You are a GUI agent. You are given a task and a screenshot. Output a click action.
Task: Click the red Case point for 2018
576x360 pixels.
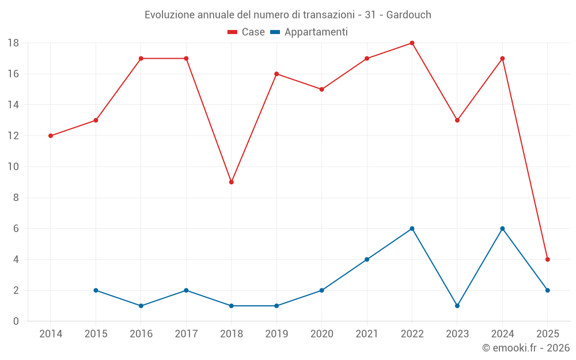(x=232, y=182)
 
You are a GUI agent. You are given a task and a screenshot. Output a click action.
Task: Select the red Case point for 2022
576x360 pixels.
(x=412, y=43)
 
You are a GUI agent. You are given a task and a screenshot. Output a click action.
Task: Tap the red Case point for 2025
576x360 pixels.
(x=548, y=259)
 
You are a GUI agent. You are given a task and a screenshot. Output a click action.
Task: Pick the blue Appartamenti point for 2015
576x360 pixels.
(x=96, y=290)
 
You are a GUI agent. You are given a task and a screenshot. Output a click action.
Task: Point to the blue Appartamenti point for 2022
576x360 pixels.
(x=412, y=229)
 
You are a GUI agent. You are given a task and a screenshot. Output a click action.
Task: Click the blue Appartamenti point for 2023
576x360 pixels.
(x=457, y=306)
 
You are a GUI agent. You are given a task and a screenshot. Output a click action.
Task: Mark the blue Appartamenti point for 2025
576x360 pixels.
(x=548, y=290)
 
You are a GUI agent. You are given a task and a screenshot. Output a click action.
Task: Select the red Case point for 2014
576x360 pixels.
(x=51, y=136)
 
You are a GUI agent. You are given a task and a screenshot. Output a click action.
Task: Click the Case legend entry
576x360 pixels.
(x=247, y=32)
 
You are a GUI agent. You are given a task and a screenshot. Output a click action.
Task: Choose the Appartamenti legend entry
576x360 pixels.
(x=309, y=32)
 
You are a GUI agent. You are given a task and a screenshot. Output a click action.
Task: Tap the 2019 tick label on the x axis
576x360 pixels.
(x=276, y=334)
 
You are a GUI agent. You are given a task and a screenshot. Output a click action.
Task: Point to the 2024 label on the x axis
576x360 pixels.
(x=502, y=334)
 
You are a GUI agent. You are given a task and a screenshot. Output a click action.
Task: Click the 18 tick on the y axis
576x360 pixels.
(x=13, y=43)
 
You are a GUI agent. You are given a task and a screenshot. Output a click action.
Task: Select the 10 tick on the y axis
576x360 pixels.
(x=13, y=167)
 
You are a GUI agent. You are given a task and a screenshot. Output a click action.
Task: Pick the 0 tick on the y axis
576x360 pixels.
(x=16, y=321)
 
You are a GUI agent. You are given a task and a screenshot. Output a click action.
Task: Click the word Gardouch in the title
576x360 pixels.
(x=408, y=15)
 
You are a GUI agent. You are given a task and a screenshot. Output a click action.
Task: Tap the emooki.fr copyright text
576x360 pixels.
(x=526, y=348)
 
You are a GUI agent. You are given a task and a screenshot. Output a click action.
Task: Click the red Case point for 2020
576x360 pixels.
(x=322, y=89)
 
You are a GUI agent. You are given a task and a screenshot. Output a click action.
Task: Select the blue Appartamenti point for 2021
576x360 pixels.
(x=367, y=259)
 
